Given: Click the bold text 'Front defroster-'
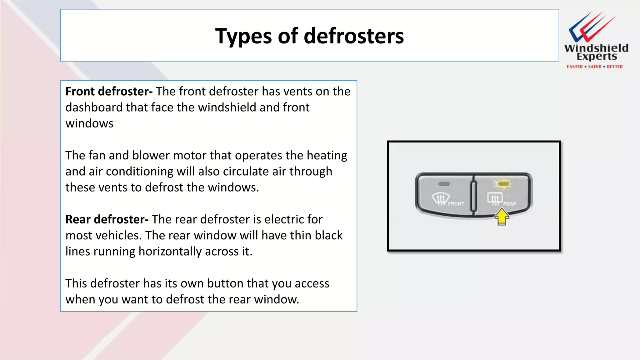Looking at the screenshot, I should (x=109, y=92).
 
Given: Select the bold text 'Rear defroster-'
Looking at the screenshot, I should (x=107, y=219).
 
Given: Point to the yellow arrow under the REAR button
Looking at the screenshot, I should (x=502, y=217).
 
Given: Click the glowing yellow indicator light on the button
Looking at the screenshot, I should (x=503, y=184).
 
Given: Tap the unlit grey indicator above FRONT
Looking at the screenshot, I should (x=444, y=184).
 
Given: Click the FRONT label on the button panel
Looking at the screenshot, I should (x=456, y=204).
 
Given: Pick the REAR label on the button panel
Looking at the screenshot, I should (x=510, y=204).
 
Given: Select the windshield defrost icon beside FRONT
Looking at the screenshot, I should (x=440, y=199).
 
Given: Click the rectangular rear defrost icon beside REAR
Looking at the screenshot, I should (x=495, y=199).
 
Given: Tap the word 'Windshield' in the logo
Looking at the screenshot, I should (x=596, y=48).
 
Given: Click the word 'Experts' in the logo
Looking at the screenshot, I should (x=597, y=57).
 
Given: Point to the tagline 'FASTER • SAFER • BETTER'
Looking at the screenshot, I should (x=595, y=67).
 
